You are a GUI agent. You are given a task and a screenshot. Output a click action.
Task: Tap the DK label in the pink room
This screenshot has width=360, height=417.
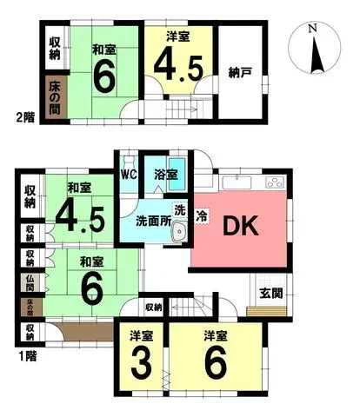click(239, 226)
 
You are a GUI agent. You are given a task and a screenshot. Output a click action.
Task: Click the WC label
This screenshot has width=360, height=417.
click(129, 174)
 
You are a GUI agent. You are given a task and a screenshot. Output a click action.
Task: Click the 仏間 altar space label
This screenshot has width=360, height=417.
click(30, 281)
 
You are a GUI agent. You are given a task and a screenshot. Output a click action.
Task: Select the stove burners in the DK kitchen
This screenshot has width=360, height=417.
click(273, 183)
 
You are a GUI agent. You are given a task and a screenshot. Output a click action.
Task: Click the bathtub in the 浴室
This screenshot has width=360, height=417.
click(176, 179)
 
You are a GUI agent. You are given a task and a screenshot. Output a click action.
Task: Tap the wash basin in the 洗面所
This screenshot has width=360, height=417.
click(179, 233)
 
